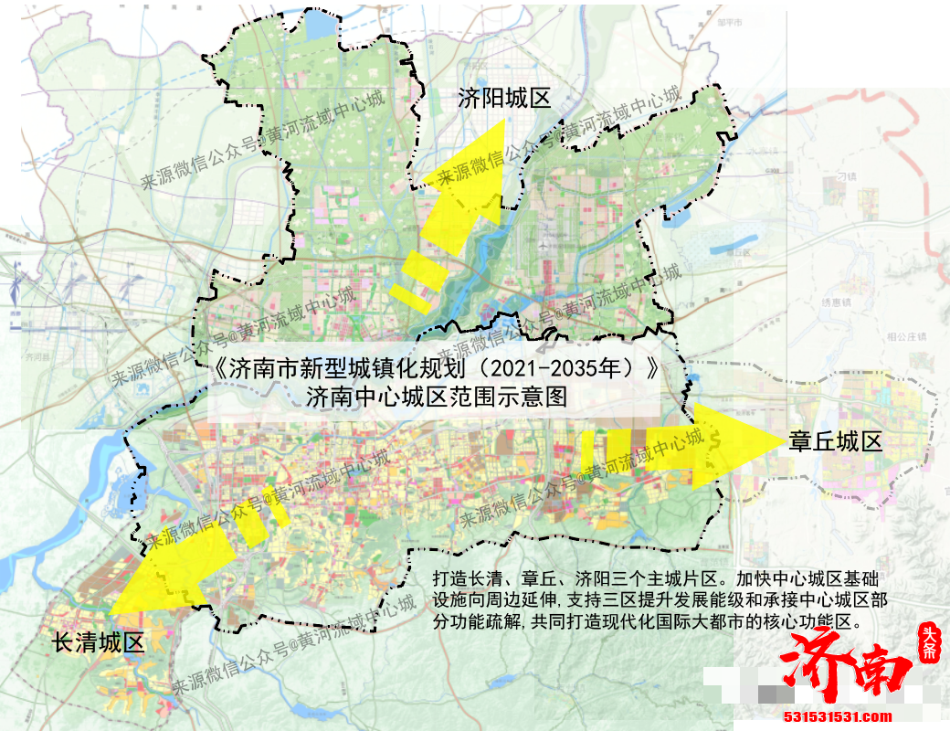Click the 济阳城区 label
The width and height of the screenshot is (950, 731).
[505, 98]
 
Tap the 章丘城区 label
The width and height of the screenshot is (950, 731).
[836, 442]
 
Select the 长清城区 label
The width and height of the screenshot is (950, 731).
[99, 641]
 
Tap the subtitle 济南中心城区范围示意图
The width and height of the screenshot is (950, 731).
[437, 397]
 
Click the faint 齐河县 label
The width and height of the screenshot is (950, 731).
[37, 355]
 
